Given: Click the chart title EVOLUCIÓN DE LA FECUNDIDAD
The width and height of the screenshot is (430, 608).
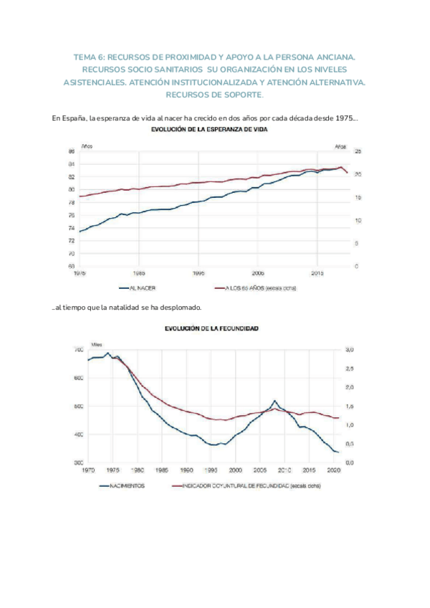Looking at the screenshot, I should coord(211,328).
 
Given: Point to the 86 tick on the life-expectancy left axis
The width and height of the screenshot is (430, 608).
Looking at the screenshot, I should coord(71,152).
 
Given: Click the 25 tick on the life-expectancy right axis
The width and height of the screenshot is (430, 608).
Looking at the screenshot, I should coord(358,152).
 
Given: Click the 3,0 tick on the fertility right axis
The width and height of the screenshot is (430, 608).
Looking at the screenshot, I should coord(350,349).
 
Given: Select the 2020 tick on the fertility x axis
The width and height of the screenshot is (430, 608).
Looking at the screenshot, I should coord(333,470).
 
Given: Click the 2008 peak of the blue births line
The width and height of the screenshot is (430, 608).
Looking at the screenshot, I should coord(274,401).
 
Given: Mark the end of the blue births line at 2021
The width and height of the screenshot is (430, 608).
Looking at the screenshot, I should coord(338,452).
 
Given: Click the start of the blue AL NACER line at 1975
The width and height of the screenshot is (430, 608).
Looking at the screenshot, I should coord(80,231).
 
